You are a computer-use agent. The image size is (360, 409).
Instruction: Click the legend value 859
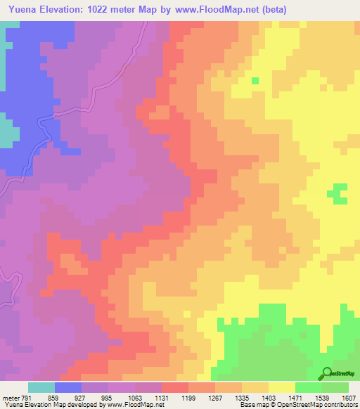coord(46,397)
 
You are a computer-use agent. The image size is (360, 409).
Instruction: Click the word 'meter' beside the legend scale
coord(10,397)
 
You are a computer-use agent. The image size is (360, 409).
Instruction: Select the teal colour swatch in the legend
coord(41,387)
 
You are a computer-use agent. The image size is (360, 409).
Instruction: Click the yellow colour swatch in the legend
coord(282,387)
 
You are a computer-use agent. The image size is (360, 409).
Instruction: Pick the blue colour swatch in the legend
coord(68,387)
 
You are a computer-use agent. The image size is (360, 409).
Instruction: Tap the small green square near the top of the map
coord(255,81)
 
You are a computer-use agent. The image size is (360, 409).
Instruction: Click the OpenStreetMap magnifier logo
coord(326,374)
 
